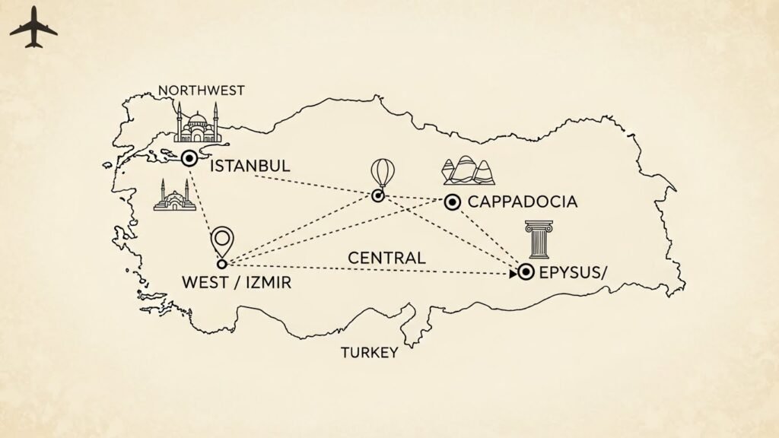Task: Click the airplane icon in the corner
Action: (x=33, y=28)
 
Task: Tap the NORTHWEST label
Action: (x=202, y=90)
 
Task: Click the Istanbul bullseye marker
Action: (x=189, y=158)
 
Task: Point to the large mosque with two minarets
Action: (x=198, y=124)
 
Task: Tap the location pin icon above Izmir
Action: (x=223, y=241)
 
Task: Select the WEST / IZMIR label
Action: (x=237, y=282)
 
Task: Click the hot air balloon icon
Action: (x=382, y=173)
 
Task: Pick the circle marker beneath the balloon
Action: (x=377, y=196)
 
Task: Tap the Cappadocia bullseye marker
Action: (x=452, y=202)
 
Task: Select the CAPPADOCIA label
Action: (x=522, y=202)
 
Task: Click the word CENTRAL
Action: (x=386, y=258)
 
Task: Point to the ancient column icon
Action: (x=539, y=240)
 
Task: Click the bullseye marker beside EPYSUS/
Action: (x=526, y=271)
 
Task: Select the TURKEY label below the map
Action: (x=369, y=353)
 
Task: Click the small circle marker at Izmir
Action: (x=222, y=264)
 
